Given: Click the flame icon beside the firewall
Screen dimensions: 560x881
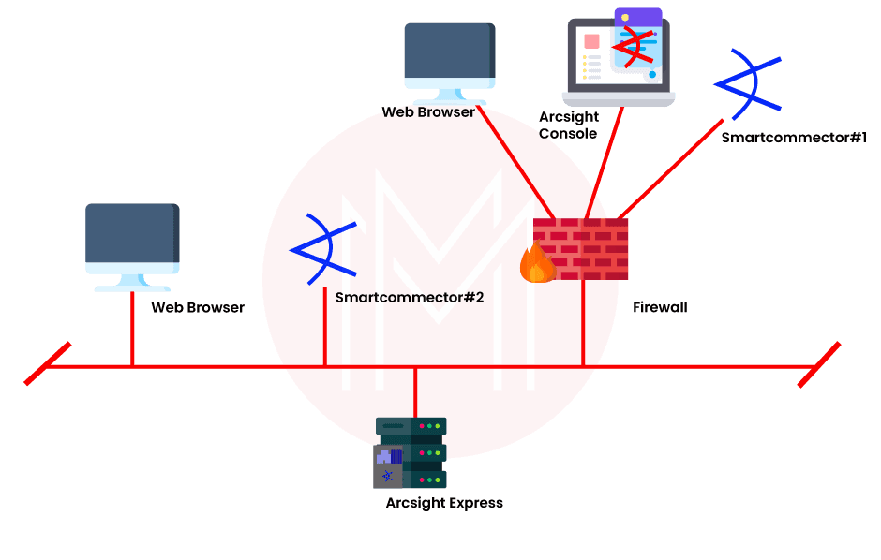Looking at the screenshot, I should coord(537,263).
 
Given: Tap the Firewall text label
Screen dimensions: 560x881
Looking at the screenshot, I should coord(660,307).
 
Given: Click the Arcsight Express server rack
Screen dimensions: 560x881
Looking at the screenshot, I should coord(411,452).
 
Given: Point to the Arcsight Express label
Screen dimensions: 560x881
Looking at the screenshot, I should coord(444,503).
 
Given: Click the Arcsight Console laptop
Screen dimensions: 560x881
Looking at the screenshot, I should coord(619,56).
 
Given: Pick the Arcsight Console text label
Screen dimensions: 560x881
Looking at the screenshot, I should coord(568,125).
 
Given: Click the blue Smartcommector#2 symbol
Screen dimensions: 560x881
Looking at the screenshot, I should coord(324,249).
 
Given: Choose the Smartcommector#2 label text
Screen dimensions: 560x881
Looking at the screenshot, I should coord(409,298).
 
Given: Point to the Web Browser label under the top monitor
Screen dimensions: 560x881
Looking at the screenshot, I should coord(427,112).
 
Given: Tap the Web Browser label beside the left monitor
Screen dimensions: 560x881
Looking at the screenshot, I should coord(198,307).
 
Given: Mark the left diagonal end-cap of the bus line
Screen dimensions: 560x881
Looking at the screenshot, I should coord(47,363).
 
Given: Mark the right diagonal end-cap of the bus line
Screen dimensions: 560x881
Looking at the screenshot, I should coord(818,363).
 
